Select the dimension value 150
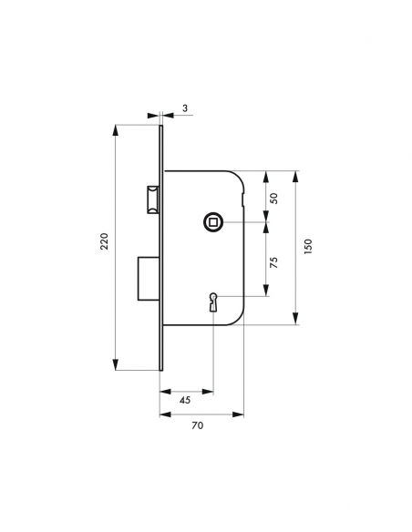click(308, 246)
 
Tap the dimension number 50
click(273, 198)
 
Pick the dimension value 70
click(197, 425)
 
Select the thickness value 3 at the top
click(184, 108)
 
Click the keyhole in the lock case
click(213, 301)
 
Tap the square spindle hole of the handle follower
click(213, 222)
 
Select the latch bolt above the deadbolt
click(151, 199)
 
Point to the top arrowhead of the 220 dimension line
click(115, 130)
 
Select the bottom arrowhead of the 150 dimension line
click(296, 320)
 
